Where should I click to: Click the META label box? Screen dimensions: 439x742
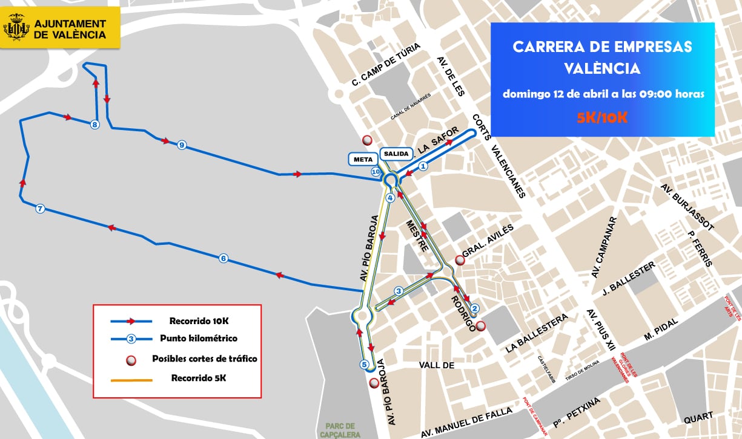pyautogui.click(x=362, y=159)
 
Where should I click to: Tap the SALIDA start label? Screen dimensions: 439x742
pyautogui.click(x=397, y=154)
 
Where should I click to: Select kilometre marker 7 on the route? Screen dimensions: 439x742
pyautogui.click(x=41, y=209)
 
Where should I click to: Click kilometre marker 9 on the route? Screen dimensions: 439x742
pyautogui.click(x=181, y=145)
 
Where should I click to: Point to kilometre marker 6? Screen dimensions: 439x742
pyautogui.click(x=224, y=259)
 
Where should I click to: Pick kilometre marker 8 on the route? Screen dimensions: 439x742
pyautogui.click(x=94, y=125)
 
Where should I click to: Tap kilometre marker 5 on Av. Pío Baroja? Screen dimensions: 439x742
pyautogui.click(x=364, y=364)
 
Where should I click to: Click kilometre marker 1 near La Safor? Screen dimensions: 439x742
pyautogui.click(x=423, y=165)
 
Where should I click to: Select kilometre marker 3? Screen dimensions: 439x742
pyautogui.click(x=398, y=291)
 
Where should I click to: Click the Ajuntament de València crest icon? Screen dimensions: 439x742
pyautogui.click(x=16, y=28)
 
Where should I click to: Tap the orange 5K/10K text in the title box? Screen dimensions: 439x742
pyautogui.click(x=602, y=117)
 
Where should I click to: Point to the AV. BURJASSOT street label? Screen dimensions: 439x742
pyautogui.click(x=687, y=206)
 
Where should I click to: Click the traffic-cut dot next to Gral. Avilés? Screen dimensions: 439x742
pyautogui.click(x=460, y=260)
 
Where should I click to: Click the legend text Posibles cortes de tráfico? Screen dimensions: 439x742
pyautogui.click(x=204, y=359)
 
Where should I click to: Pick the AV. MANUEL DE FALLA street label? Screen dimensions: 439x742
pyautogui.click(x=466, y=421)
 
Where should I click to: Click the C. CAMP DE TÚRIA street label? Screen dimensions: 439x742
pyautogui.click(x=386, y=67)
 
